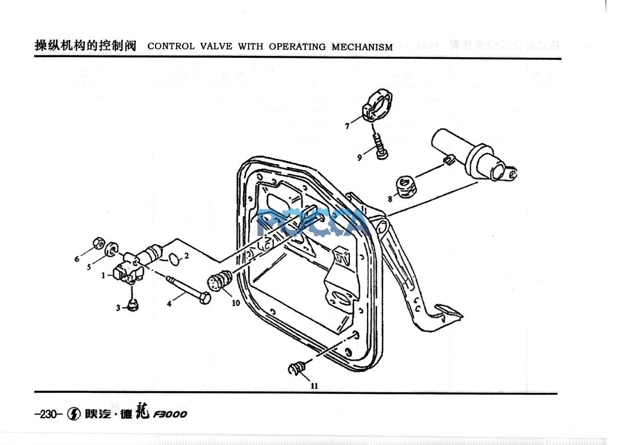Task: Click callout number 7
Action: tap(347, 126)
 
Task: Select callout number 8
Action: tap(389, 199)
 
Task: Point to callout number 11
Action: tap(314, 386)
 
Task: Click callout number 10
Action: tap(236, 303)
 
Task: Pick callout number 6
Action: tap(77, 259)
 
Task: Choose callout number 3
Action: tap(118, 308)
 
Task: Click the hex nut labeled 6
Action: tap(98, 244)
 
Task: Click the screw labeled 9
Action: tap(380, 146)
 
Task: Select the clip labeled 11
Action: tap(297, 368)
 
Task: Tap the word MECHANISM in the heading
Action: tap(362, 47)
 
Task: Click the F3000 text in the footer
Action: tap(170, 414)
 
